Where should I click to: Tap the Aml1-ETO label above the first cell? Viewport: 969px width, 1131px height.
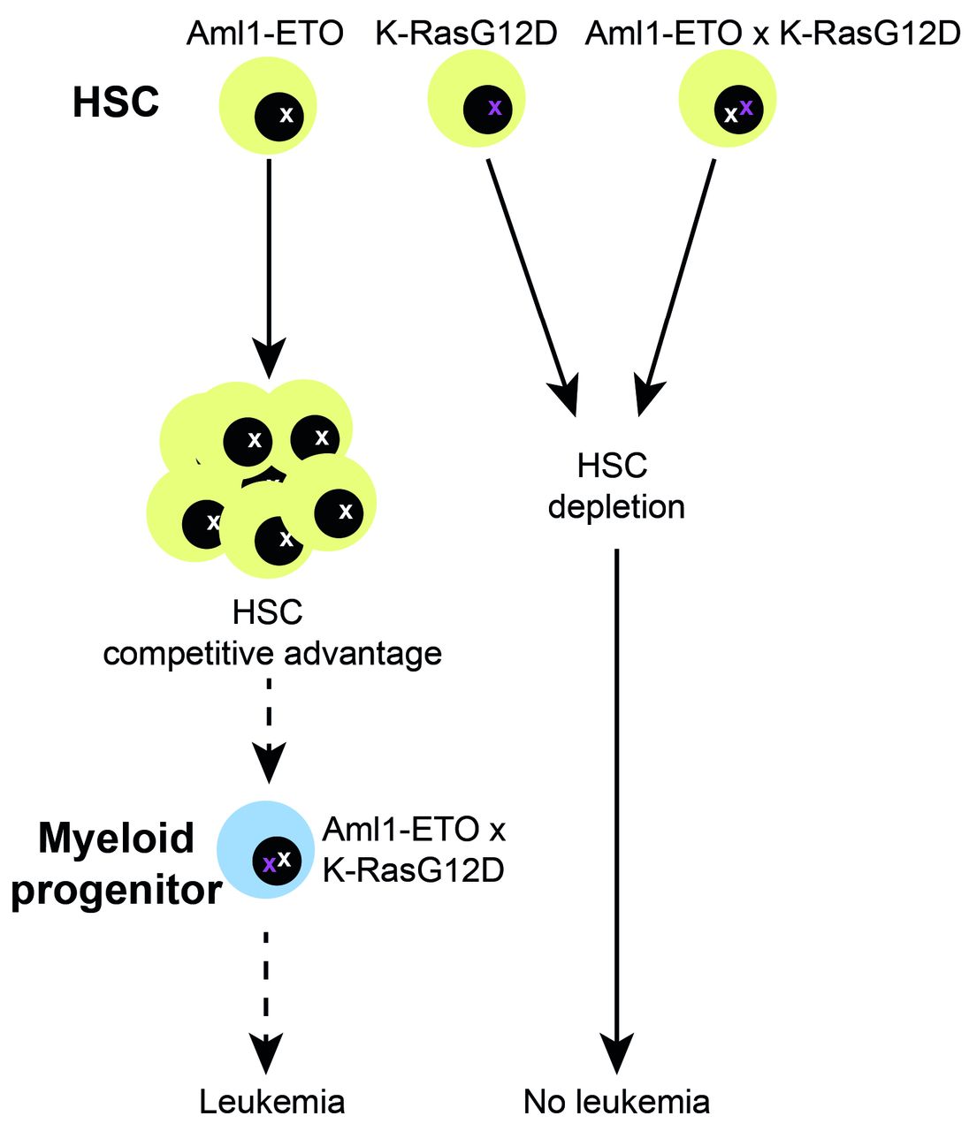click(265, 34)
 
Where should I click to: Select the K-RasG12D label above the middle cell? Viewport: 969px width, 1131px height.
click(466, 34)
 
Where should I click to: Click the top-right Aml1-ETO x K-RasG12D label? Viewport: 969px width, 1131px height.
click(773, 34)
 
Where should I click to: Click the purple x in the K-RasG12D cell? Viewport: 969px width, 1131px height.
click(495, 108)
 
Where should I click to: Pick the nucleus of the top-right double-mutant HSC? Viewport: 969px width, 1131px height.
click(737, 110)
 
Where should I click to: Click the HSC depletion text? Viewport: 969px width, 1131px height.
click(615, 486)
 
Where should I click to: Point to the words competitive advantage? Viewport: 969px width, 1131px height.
click(272, 654)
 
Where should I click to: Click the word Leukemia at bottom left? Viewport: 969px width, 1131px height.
click(271, 1102)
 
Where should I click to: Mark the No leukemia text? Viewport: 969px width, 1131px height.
click(616, 1102)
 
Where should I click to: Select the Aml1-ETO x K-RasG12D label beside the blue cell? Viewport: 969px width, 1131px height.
click(414, 850)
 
